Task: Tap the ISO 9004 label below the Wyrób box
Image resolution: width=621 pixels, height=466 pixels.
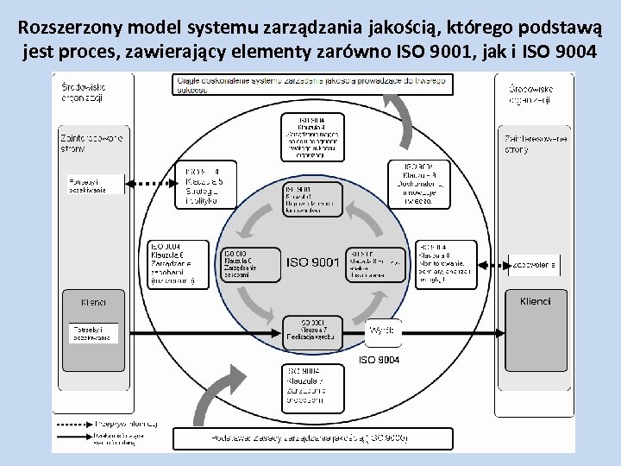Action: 379,358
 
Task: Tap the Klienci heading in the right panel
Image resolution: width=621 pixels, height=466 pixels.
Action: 535,302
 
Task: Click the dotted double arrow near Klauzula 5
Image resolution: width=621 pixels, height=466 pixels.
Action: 150,184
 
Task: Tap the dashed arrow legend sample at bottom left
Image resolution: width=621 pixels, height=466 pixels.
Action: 74,424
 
